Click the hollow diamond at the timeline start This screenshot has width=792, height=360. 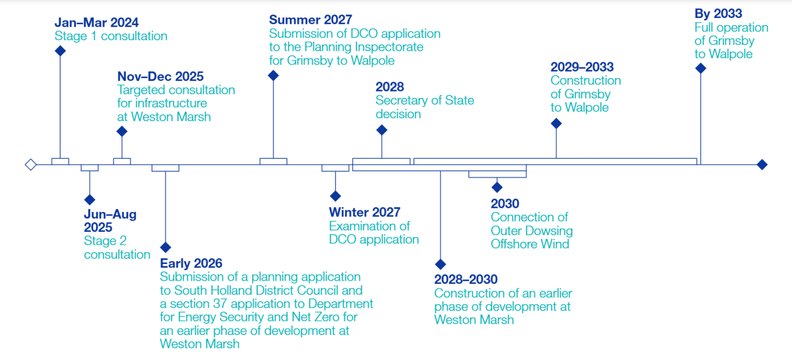click(x=31, y=165)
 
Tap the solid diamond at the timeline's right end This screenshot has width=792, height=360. click(x=762, y=165)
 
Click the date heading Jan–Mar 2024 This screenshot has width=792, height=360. click(x=97, y=23)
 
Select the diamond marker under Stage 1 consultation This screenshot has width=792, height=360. click(x=60, y=51)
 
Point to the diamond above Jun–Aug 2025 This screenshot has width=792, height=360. click(x=89, y=199)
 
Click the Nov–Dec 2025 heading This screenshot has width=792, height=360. click(x=160, y=76)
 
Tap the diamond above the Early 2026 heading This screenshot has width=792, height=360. click(x=165, y=247)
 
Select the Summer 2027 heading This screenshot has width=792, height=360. click(x=310, y=20)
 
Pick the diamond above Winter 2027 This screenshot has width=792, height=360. click(x=335, y=196)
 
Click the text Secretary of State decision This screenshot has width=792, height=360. click(x=425, y=107)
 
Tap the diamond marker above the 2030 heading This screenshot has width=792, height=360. click(x=497, y=187)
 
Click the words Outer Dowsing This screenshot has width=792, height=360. click(x=532, y=231)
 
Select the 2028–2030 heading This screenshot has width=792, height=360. click(x=466, y=279)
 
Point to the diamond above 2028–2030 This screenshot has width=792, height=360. click(x=440, y=264)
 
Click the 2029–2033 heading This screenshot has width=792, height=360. click(x=582, y=67)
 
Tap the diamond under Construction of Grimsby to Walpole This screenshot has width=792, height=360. click(x=556, y=123)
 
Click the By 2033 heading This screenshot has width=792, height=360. click(x=718, y=13)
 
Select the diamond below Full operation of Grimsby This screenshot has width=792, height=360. click(x=701, y=68)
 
